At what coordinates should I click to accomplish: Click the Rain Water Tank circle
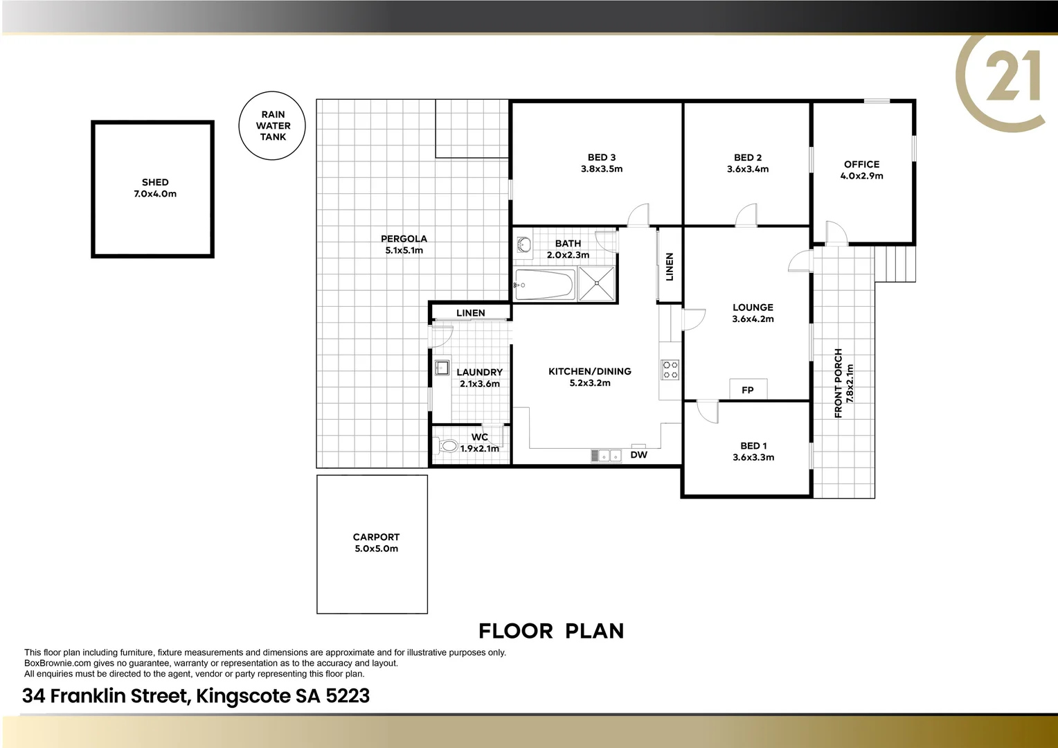[x=273, y=126]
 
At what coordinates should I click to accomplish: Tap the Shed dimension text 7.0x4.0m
[x=155, y=194]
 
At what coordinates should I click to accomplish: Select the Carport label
[x=376, y=537]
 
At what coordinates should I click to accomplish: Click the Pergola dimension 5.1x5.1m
[x=404, y=250]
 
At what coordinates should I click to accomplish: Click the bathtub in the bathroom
[x=544, y=285]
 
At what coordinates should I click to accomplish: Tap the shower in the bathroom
[x=597, y=284]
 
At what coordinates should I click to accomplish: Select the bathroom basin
[x=524, y=244]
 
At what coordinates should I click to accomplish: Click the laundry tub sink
[x=442, y=368]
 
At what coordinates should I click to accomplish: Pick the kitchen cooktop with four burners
[x=670, y=369]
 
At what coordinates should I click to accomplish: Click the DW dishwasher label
[x=638, y=455]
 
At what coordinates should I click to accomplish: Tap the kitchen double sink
[x=605, y=455]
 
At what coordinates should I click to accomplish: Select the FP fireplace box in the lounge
[x=748, y=389]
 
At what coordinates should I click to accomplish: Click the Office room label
[x=861, y=164]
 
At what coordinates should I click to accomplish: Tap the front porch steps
[x=896, y=264]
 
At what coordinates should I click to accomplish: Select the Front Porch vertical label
[x=839, y=382]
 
